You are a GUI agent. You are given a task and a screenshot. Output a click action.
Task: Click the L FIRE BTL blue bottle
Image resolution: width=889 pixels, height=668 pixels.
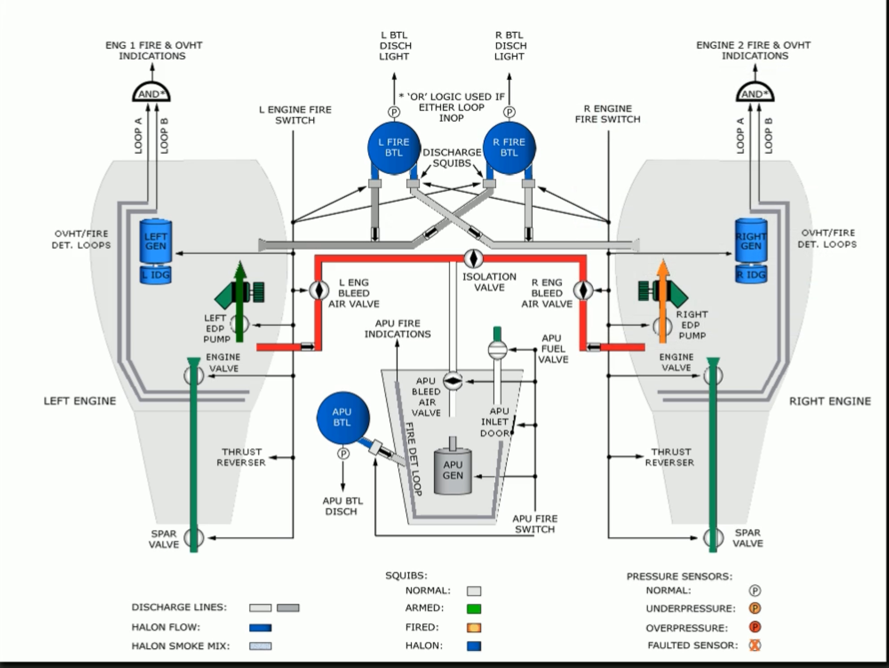[394, 147]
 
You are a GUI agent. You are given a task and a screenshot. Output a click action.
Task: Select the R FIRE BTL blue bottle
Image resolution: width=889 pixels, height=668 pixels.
[509, 147]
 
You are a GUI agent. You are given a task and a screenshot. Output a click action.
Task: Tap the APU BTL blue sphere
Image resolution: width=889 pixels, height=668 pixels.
[343, 417]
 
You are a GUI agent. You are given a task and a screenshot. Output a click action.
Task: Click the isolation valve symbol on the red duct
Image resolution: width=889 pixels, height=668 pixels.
[473, 258]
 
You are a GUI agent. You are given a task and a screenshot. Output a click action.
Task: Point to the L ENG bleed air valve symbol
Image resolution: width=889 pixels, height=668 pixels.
[319, 290]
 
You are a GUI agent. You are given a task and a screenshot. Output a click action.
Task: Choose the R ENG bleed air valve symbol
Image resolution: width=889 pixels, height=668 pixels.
[583, 290]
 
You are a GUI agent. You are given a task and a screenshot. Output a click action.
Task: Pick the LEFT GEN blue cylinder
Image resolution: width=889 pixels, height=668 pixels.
[156, 241]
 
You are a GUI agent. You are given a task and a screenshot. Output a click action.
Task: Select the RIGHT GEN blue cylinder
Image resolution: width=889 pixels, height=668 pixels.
[751, 241]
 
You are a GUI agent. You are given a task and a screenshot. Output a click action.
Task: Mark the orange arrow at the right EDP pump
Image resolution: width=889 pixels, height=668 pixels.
[663, 301]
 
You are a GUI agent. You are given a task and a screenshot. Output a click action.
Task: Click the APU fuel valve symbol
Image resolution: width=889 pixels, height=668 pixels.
[497, 350]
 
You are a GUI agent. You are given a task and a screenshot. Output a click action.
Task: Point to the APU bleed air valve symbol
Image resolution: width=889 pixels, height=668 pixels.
[452, 381]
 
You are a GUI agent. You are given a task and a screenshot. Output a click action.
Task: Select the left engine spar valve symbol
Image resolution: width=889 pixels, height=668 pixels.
[194, 538]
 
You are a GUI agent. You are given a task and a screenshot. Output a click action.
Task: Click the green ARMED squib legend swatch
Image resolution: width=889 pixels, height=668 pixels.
[474, 609]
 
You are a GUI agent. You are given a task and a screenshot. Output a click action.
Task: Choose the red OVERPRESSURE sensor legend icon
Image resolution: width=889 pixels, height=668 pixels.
[755, 627]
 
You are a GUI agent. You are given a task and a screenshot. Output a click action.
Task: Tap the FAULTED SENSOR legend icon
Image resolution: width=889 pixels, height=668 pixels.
[755, 645]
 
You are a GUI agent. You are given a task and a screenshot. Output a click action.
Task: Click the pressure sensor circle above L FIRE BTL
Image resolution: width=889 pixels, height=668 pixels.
[394, 112]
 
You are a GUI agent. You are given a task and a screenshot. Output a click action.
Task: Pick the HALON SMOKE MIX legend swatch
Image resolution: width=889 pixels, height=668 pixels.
[260, 646]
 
